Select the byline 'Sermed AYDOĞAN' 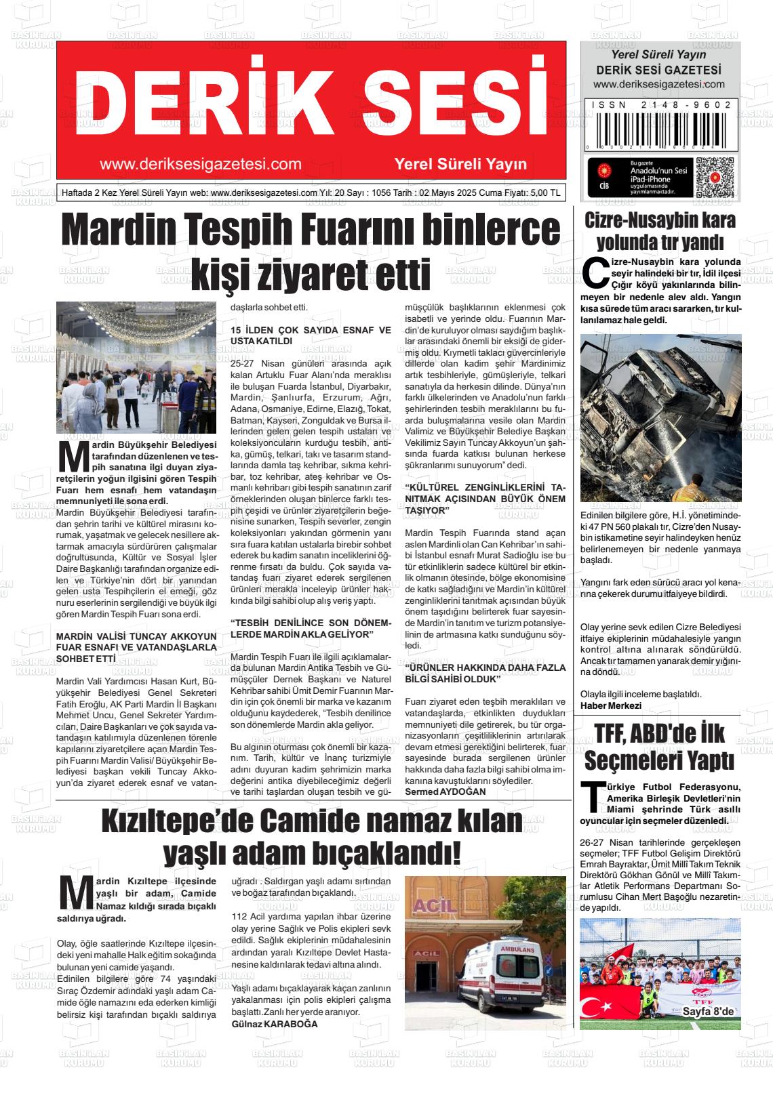[445, 791]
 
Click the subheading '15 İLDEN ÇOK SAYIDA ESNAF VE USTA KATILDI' [311, 335]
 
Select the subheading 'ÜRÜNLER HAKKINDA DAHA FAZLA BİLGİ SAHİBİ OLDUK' [484, 673]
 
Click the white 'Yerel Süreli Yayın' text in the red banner [460, 164]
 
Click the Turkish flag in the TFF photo [608, 996]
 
